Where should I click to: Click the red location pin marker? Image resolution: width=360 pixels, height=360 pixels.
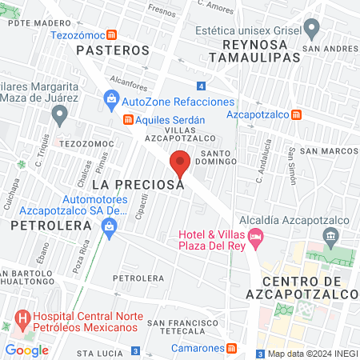(180, 163)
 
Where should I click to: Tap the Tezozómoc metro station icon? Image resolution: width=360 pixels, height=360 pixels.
(114, 35)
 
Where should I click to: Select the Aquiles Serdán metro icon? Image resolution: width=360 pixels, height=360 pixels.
(127, 120)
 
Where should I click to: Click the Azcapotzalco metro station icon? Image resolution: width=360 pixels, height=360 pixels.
(297, 114)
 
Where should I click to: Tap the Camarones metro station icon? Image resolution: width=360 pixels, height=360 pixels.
(231, 349)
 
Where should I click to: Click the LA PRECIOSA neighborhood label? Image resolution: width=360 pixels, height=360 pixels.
(138, 184)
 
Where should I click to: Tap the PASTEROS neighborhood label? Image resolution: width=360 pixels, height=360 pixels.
(114, 50)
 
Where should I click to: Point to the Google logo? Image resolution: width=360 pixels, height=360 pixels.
(27, 350)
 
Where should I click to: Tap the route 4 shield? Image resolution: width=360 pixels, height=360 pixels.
(200, 86)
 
